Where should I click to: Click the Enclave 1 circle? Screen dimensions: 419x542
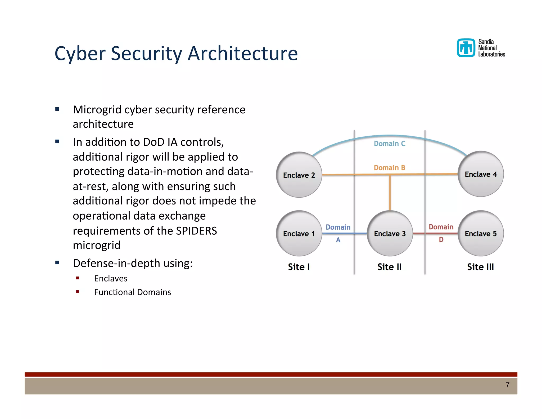click(299, 233)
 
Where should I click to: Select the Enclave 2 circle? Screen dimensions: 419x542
click(299, 175)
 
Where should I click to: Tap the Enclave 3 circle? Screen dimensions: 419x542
click(390, 233)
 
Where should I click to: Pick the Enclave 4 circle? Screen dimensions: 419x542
click(481, 174)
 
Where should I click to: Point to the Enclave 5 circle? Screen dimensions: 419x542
click(481, 233)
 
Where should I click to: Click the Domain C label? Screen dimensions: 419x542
click(390, 144)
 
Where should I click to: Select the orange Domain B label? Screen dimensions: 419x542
click(390, 168)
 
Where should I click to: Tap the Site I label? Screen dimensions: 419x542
click(299, 267)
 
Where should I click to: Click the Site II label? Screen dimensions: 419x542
click(390, 267)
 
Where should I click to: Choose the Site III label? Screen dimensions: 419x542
click(481, 267)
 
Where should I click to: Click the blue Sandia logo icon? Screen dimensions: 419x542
click(466, 48)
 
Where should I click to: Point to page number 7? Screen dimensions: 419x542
click(508, 385)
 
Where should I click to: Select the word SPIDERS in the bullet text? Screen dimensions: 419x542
click(196, 231)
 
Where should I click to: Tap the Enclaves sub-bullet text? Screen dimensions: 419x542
click(111, 278)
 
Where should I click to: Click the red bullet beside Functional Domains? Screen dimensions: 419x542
click(78, 292)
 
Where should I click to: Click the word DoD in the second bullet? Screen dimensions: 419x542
click(153, 142)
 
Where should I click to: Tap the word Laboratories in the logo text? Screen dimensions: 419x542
click(491, 54)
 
